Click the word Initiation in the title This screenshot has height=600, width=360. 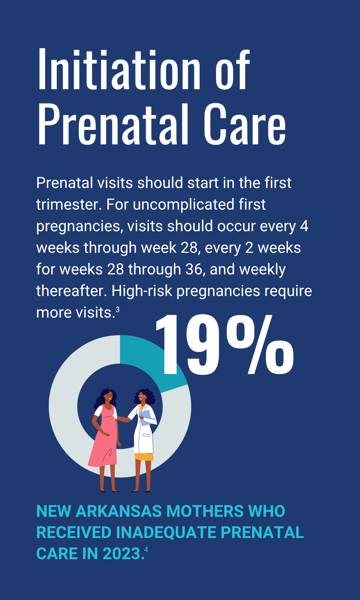(119, 69)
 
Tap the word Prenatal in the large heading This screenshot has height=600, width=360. (112, 124)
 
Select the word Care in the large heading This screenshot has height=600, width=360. (244, 124)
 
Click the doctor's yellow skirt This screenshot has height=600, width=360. (144, 457)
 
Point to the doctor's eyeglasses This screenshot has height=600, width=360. (141, 396)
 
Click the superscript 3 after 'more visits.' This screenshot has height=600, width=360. (117, 310)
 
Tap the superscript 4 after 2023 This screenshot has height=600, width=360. (146, 550)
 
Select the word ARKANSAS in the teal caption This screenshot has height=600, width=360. (119, 511)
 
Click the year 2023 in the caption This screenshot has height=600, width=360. (122, 553)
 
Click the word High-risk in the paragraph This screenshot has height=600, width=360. (142, 291)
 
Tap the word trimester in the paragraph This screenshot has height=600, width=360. (68, 205)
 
